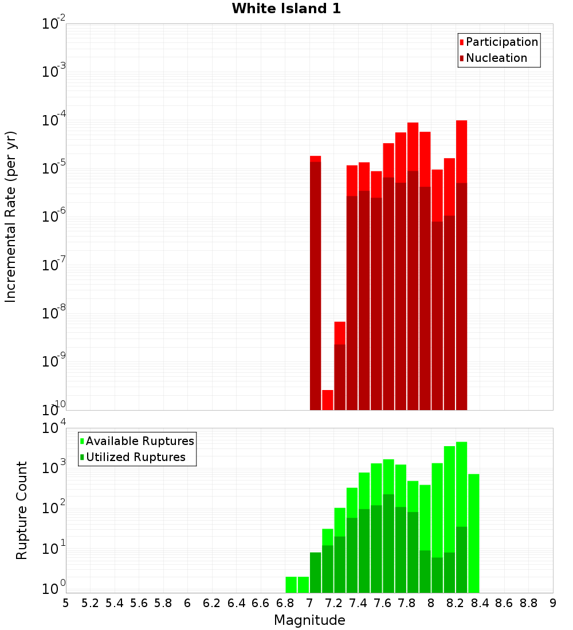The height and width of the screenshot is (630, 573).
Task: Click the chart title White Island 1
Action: (x=286, y=9)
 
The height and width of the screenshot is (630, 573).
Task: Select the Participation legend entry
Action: (x=502, y=42)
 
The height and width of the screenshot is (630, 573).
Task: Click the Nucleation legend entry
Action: (x=496, y=58)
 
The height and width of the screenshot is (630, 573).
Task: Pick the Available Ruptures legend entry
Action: (x=140, y=441)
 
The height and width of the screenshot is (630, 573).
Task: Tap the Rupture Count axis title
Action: (x=22, y=510)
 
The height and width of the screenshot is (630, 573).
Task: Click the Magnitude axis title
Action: (x=309, y=620)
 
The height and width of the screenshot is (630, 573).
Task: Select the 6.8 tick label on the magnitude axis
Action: (x=285, y=603)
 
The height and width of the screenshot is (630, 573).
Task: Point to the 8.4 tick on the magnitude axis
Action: (x=480, y=603)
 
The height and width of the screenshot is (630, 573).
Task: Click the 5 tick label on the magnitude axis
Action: (x=66, y=603)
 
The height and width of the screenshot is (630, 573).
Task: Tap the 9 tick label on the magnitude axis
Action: (x=553, y=603)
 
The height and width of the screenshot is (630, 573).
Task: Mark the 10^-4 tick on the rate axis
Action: (x=53, y=120)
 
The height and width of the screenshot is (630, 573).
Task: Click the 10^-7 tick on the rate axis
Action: (x=53, y=265)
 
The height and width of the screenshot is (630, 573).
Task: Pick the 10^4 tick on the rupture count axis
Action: (x=53, y=429)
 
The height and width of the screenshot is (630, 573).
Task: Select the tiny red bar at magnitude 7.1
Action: (x=328, y=400)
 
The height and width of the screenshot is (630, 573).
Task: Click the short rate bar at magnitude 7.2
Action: (x=340, y=367)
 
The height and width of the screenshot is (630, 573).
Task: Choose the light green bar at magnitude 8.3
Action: (x=474, y=533)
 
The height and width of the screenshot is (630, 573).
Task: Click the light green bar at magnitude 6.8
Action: (x=291, y=585)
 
